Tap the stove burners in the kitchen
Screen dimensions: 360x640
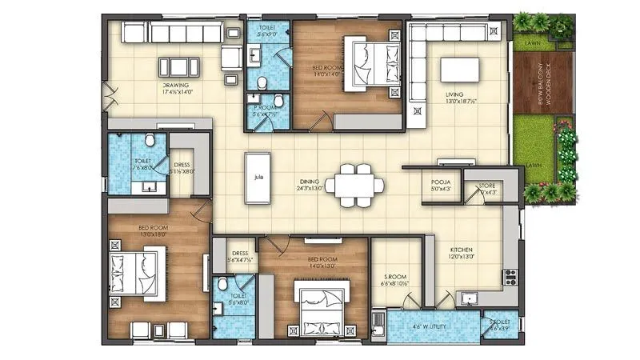[509, 277]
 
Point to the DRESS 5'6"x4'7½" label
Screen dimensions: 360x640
[239, 255]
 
